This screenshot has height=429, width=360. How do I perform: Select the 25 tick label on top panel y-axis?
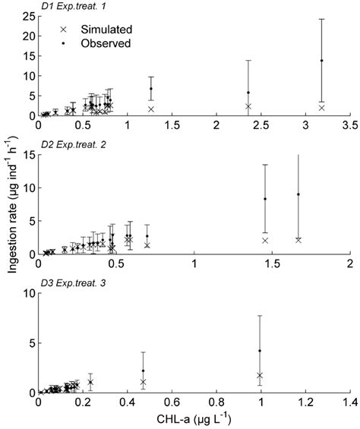coord(28,16)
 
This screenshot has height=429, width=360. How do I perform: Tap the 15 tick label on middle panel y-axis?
coord(28,155)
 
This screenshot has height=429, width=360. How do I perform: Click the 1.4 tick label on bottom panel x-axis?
coord(350,402)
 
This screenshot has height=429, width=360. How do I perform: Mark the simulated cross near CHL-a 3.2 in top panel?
coord(322,108)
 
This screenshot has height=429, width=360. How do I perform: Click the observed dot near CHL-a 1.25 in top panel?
coord(150,89)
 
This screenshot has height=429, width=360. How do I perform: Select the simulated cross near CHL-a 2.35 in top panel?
coord(248,106)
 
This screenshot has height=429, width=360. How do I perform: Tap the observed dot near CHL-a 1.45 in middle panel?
coord(265,199)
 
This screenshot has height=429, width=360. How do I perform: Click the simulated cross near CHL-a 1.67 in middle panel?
coord(298,240)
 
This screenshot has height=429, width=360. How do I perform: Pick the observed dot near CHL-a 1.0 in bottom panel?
coord(260,351)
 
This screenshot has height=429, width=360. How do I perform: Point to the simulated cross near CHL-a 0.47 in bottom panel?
coord(143,382)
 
